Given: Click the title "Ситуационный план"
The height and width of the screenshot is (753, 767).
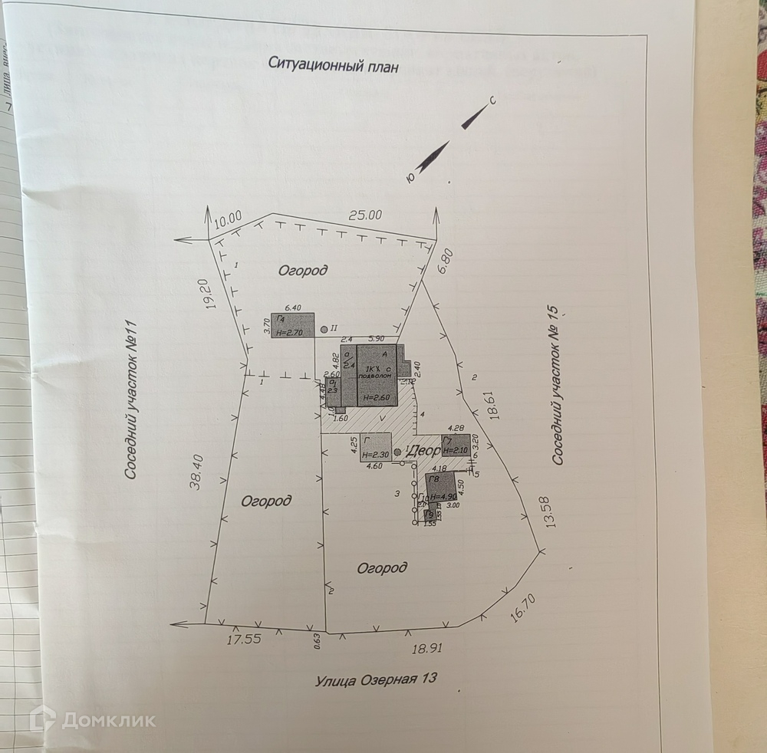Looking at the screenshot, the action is coord(333,65).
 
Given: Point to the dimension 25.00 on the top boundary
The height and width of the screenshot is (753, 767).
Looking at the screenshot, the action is coord(365,215).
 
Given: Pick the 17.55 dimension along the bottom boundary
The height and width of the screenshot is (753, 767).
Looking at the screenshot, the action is coord(244,639).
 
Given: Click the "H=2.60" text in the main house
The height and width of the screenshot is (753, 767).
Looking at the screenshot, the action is coord(378,397).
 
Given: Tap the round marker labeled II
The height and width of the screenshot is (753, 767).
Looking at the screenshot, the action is coord(324,328).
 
